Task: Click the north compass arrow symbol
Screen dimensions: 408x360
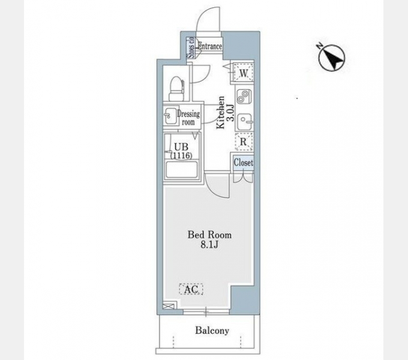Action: [331, 57]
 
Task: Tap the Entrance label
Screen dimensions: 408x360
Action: [210, 46]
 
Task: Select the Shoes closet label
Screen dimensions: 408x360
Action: [191, 47]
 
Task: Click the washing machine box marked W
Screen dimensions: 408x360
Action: [244, 73]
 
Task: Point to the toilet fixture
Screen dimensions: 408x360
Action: [176, 88]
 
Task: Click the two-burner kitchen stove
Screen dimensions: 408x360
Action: [244, 96]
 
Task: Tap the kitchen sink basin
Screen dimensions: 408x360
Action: [245, 121]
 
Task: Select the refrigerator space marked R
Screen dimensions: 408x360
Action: [244, 142]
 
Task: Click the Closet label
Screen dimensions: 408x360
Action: [243, 163]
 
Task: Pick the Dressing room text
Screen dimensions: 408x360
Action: [188, 118]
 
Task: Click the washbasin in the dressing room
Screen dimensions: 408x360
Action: [170, 115]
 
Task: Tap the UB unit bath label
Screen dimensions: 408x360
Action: [181, 151]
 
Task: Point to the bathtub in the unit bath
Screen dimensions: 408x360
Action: [182, 170]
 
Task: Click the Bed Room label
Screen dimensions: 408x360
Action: [209, 235]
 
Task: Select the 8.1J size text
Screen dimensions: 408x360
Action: [209, 245]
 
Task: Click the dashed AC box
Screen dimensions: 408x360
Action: [191, 289]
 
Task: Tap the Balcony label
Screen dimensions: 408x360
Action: [212, 331]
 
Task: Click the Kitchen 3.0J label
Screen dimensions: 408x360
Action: [226, 112]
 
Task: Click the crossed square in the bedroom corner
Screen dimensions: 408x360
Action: [166, 305]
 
